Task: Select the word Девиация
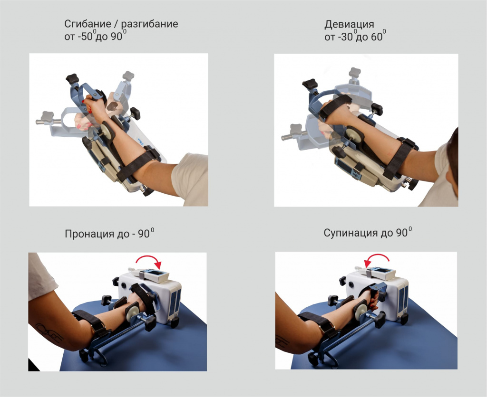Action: pyautogui.click(x=349, y=25)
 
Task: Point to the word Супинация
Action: pyautogui.click(x=349, y=233)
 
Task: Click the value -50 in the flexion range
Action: pyautogui.click(x=85, y=37)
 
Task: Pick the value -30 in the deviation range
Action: pyautogui.click(x=345, y=37)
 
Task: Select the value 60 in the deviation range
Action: pyautogui.click(x=377, y=37)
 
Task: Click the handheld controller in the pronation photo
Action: pyautogui.click(x=148, y=275)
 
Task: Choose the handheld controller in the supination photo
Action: pyautogui.click(x=375, y=273)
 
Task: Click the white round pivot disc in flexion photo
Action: pyautogui.click(x=107, y=129)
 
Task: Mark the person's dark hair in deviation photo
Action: pyautogui.click(x=452, y=161)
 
